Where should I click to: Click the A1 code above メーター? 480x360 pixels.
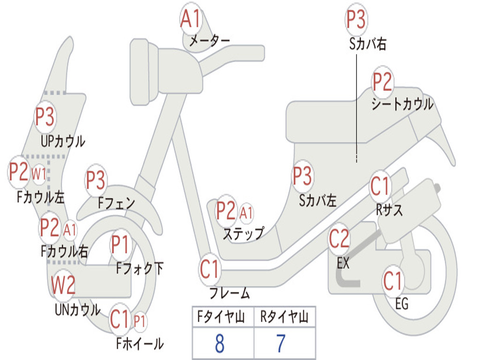tap(191, 20)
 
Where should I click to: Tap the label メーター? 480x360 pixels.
tap(209, 41)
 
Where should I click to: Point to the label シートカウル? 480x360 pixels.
tap(402, 104)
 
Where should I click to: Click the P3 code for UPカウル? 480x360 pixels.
tap(45, 117)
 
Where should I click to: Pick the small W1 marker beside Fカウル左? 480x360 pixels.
tap(39, 174)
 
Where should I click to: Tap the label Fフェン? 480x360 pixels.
tap(116, 203)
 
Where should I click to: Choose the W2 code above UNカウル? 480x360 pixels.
tap(63, 285)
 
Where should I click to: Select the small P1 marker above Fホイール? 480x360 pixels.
tap(140, 322)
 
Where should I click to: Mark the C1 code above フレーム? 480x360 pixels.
tap(210, 270)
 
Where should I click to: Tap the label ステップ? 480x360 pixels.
tap(243, 233)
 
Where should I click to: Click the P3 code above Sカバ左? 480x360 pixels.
tap(302, 176)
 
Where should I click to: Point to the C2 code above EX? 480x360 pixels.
tap(339, 239)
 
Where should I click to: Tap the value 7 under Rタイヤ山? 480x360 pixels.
tap(281, 344)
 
